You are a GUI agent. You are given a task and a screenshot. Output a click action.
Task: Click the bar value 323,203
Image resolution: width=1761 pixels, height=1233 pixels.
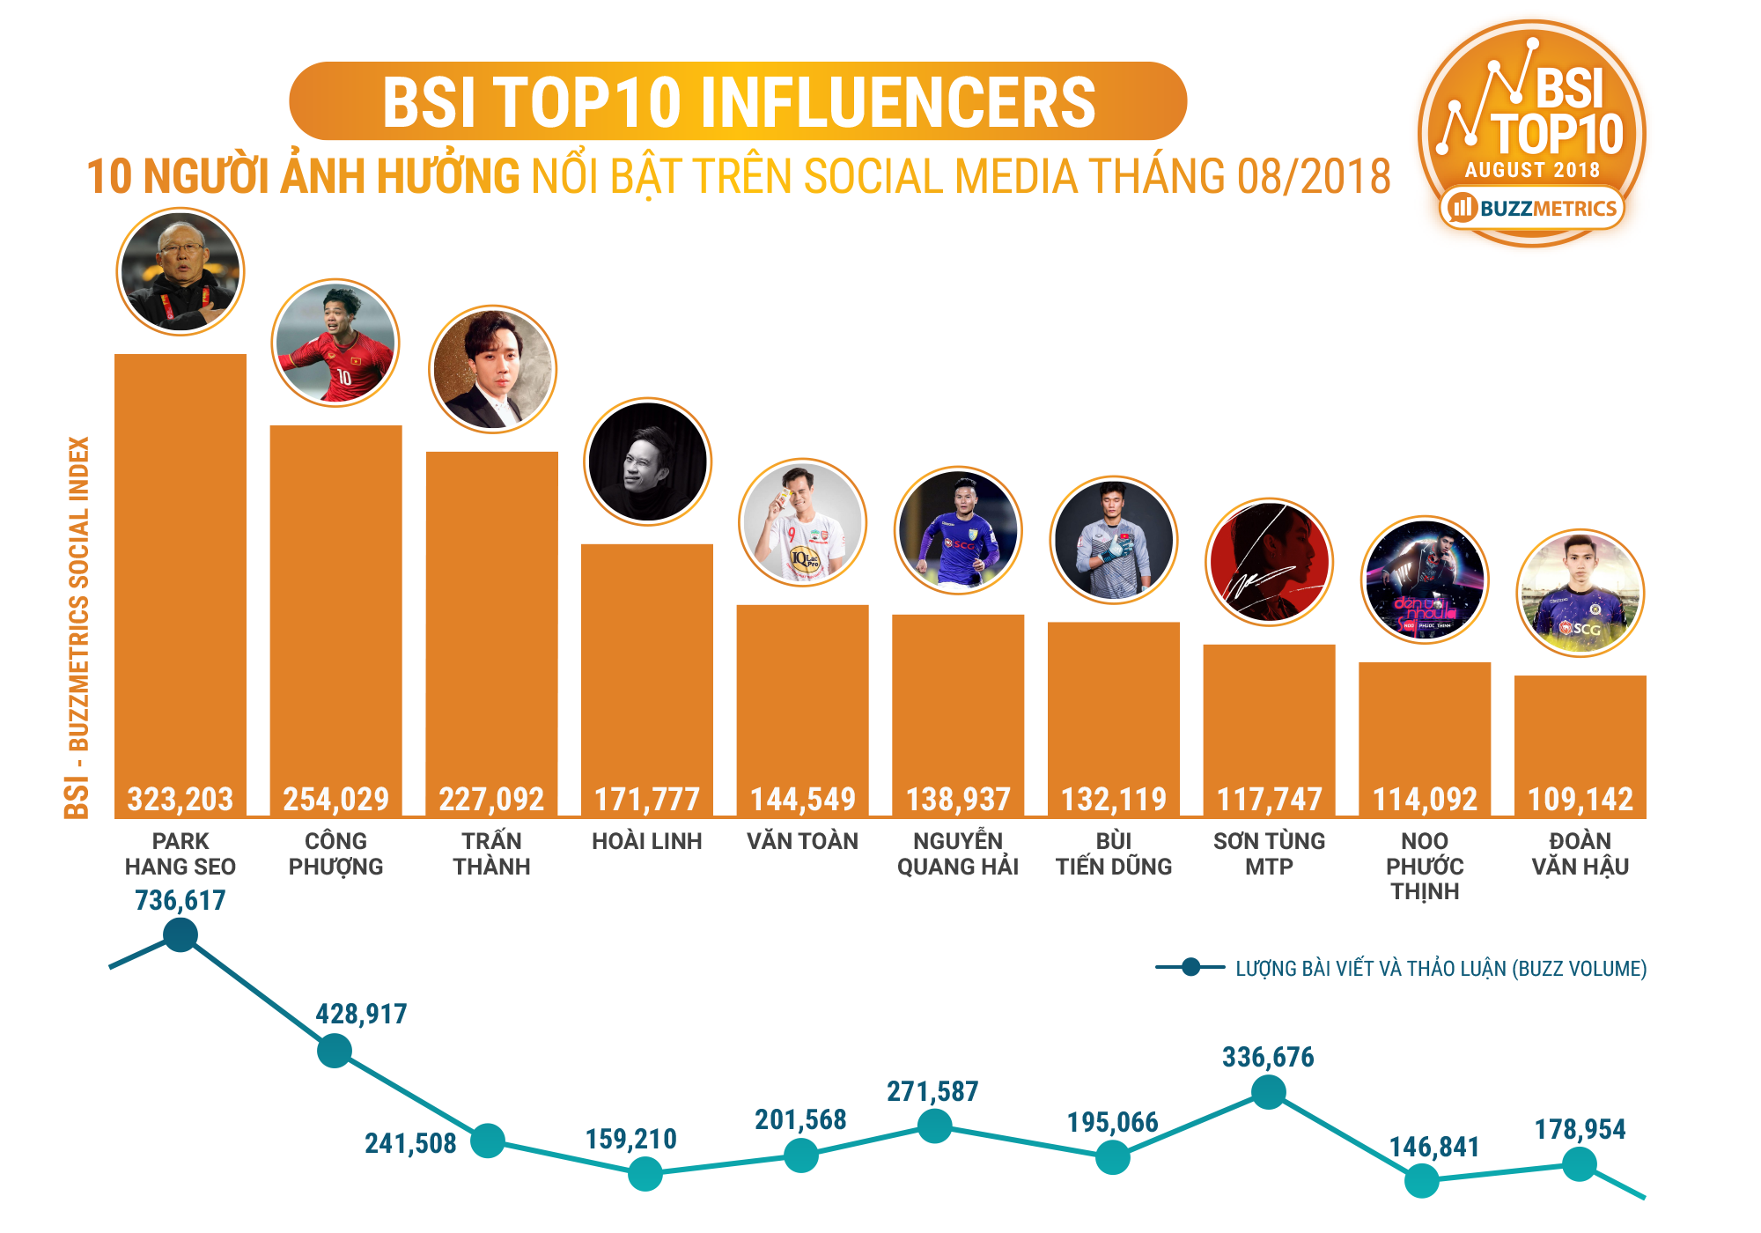(181, 799)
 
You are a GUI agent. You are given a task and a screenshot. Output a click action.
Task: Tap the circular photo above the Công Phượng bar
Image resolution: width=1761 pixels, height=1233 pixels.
(335, 343)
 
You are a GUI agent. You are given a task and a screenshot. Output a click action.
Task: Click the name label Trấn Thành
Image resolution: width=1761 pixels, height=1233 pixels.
(491, 853)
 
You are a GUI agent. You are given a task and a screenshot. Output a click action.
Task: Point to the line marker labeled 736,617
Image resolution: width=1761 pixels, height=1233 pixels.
(181, 934)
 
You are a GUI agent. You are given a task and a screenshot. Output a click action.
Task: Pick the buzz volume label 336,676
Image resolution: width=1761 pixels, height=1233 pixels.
(1268, 1057)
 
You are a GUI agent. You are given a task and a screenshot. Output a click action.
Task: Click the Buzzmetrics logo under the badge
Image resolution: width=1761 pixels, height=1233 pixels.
(1533, 208)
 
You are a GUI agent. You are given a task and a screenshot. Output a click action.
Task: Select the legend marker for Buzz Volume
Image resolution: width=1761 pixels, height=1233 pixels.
(1190, 967)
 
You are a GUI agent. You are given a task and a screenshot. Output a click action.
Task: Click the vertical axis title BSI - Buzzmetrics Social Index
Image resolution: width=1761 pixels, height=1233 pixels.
(77, 627)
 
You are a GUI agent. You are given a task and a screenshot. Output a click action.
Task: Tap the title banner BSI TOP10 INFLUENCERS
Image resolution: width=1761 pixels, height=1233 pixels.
(738, 101)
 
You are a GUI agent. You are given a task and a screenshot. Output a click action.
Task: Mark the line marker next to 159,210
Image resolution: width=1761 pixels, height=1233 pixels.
(645, 1174)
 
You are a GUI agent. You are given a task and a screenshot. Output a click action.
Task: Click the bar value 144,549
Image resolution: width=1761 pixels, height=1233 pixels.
(802, 799)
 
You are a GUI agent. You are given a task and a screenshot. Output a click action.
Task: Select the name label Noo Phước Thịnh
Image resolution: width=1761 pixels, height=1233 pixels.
(1425, 866)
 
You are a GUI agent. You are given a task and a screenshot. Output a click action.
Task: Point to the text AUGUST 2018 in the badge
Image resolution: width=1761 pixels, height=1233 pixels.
(1532, 170)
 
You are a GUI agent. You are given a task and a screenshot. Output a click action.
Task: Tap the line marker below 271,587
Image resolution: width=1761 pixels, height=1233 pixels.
(934, 1126)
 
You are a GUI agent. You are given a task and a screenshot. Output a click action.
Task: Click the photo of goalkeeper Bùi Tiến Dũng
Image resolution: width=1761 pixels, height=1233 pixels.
(1114, 539)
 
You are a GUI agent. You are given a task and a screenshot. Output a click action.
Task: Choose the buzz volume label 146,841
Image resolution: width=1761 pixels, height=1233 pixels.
(1434, 1147)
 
